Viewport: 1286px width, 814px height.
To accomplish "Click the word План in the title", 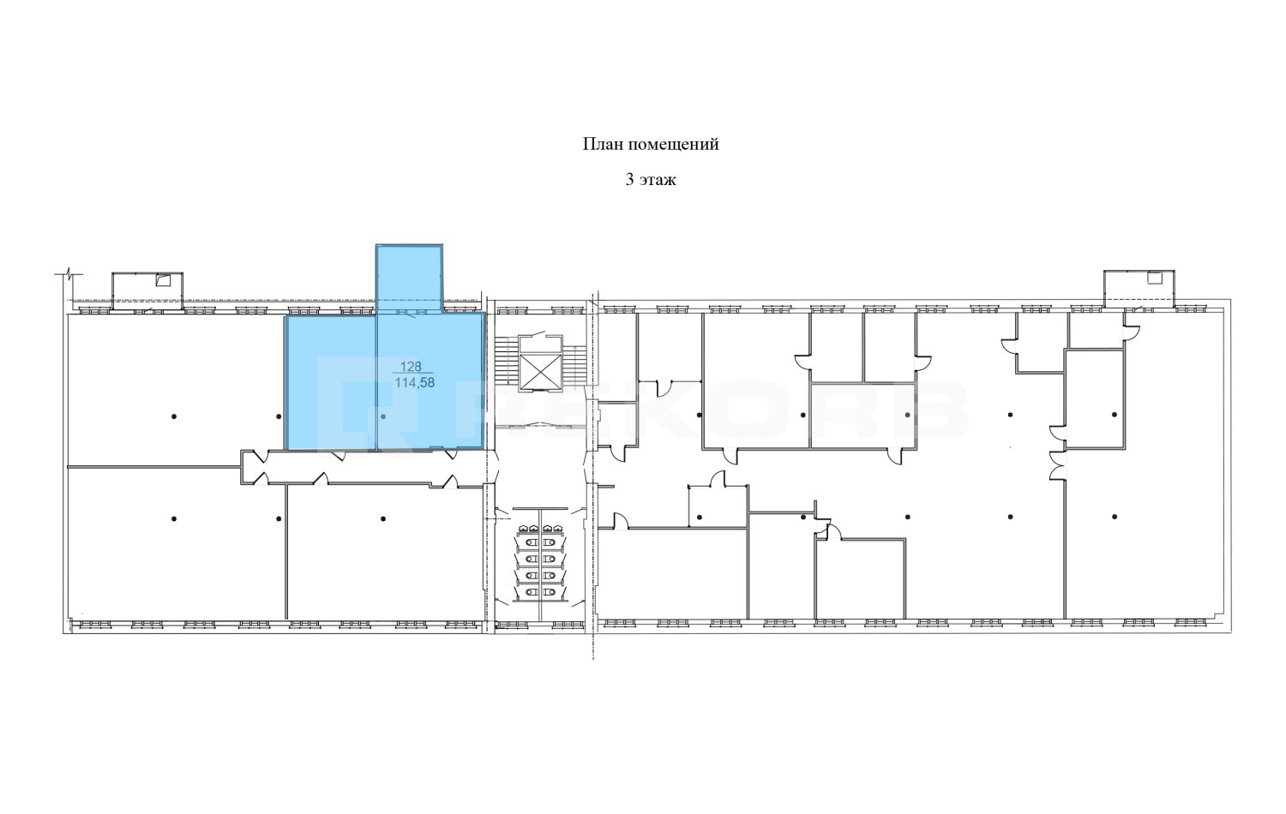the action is pyautogui.click(x=603, y=144).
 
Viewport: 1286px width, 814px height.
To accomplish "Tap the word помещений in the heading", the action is pyautogui.click(x=673, y=145).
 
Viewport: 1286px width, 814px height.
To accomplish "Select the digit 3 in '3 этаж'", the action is pyautogui.click(x=629, y=180).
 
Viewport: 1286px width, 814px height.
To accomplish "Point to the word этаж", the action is pyautogui.click(x=658, y=181).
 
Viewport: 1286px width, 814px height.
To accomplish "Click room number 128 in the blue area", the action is pyautogui.click(x=411, y=366).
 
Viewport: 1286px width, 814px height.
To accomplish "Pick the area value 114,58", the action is pyautogui.click(x=414, y=382).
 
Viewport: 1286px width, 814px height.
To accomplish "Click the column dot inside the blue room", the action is pyautogui.click(x=383, y=416).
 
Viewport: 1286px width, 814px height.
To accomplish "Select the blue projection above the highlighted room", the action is pyautogui.click(x=409, y=279).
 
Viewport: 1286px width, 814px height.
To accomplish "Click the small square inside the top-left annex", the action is pyautogui.click(x=164, y=280).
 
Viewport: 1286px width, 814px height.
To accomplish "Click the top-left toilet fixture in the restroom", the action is pyautogui.click(x=524, y=529).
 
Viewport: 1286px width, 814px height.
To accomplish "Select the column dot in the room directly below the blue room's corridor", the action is pyautogui.click(x=383, y=519).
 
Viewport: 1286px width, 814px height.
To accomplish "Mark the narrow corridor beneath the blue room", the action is pyautogui.click(x=362, y=468).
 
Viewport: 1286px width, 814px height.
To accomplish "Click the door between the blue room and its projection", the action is pyautogui.click(x=411, y=315).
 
